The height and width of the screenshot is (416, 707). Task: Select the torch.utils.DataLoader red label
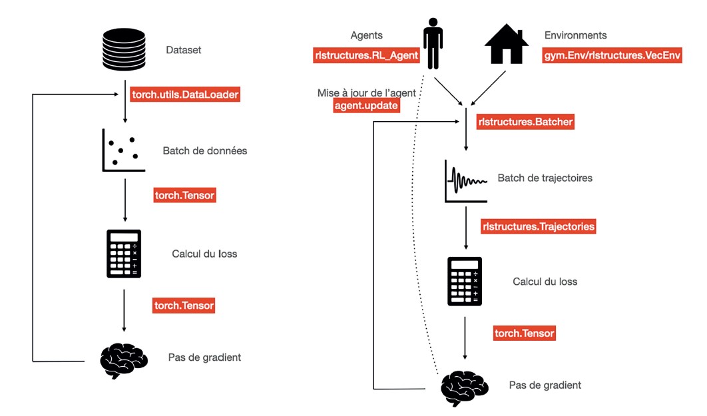point(184,95)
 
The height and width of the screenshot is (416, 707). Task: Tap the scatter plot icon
point(123,151)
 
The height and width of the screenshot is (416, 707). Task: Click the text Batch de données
point(205,151)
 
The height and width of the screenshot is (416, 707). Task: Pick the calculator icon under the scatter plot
point(124,254)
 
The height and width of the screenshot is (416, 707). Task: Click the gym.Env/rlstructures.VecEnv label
point(612,56)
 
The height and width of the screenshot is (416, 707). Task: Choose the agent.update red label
point(366,105)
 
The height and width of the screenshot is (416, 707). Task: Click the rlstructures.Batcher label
point(525,122)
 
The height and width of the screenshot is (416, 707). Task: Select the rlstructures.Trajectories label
point(538,226)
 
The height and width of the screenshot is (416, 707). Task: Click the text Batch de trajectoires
point(545,178)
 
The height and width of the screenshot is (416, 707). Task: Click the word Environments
point(575,35)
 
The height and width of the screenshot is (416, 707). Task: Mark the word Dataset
point(184,49)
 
